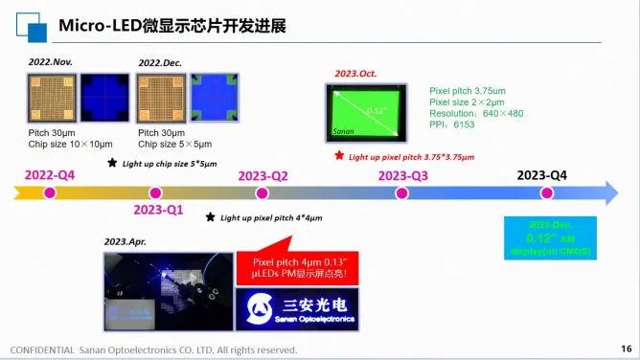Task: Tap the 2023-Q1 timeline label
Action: click(x=158, y=210)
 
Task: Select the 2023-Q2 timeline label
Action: click(x=263, y=175)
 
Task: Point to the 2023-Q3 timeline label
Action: click(x=403, y=175)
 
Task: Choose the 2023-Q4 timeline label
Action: click(x=542, y=174)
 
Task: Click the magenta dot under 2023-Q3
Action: click(x=402, y=193)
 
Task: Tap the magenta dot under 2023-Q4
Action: click(x=546, y=193)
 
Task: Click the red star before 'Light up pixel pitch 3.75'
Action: click(x=339, y=155)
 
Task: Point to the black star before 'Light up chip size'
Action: click(x=112, y=163)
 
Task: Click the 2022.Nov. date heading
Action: click(x=50, y=62)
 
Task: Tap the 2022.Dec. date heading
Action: click(x=160, y=62)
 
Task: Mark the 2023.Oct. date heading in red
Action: click(x=356, y=74)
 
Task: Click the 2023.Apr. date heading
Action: click(x=131, y=242)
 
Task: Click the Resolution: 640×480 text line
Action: click(x=477, y=113)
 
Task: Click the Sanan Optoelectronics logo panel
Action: click(x=299, y=307)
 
